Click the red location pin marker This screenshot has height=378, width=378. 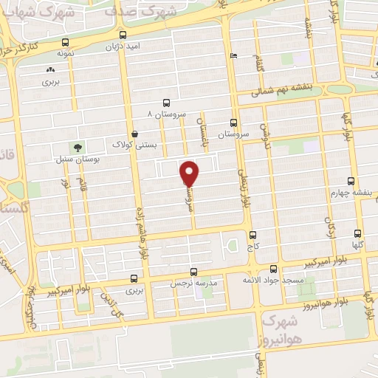190,173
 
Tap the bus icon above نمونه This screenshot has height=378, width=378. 67,43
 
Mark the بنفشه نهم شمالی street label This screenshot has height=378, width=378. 282,90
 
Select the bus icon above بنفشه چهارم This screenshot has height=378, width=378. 351,180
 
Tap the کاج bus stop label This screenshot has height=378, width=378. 251,250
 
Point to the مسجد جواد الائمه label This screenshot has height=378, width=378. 272,281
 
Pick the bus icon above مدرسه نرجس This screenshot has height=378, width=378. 193,272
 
